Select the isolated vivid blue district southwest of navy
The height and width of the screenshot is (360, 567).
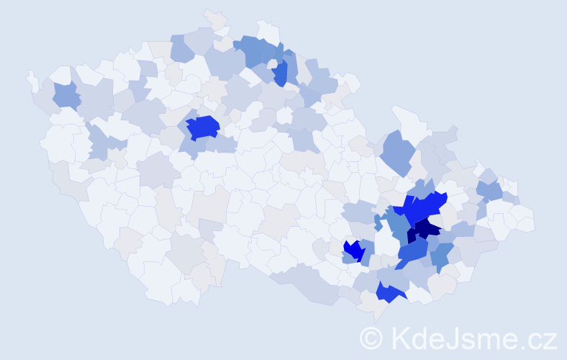tap(353, 250)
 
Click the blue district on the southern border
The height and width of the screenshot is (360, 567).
tap(389, 292)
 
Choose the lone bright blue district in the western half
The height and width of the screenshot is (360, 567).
tap(203, 127)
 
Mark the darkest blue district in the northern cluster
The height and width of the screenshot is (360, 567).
tap(281, 73)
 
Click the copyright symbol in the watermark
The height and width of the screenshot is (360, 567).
tap(371, 337)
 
